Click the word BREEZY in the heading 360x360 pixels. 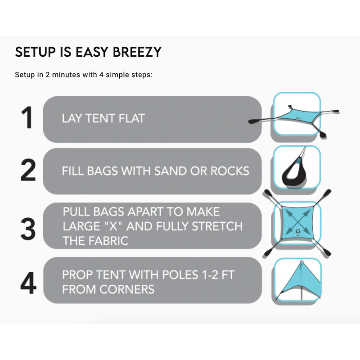pos(137,52)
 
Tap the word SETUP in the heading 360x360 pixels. pos(36,52)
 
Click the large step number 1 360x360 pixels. pos(27,117)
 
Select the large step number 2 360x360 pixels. pos(28,170)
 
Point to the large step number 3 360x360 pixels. pos(28,229)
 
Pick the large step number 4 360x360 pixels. pos(28,283)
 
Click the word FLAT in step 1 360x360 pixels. pos(132,118)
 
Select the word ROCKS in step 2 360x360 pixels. pos(230,171)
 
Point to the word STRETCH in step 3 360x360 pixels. pos(217,226)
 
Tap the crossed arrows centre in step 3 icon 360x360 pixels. pos(297,222)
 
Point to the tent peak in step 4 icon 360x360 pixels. pos(301,262)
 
